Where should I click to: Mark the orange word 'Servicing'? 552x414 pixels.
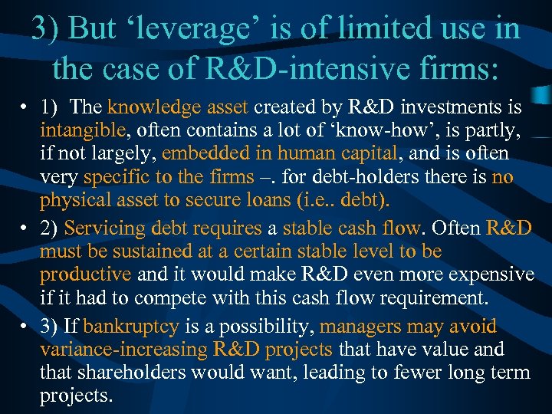pyautogui.click(x=106, y=228)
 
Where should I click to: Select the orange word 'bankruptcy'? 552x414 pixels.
pyautogui.click(x=131, y=326)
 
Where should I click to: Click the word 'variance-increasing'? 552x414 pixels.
pyautogui.click(x=123, y=350)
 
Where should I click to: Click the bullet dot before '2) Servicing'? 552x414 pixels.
pyautogui.click(x=25, y=228)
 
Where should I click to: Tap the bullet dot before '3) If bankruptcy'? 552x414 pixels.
pyautogui.click(x=25, y=327)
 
